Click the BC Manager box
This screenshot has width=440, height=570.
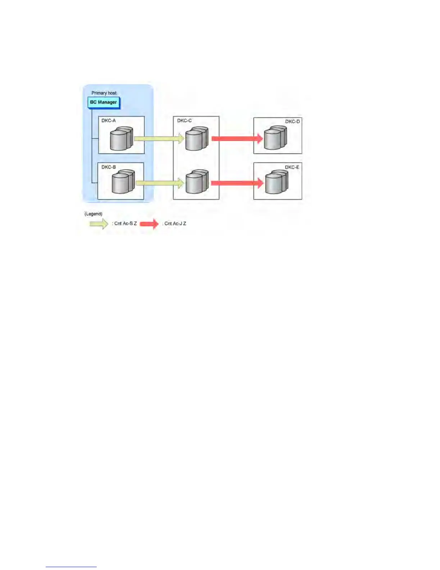(x=103, y=103)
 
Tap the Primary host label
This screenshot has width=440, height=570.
(x=104, y=93)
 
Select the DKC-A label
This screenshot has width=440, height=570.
(x=109, y=121)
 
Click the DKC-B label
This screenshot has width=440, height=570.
(x=109, y=167)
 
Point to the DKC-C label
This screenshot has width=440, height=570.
(x=184, y=121)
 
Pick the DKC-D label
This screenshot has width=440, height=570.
(x=292, y=122)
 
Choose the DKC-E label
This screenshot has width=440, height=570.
(x=292, y=167)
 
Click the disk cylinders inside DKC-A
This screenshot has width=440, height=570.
(x=121, y=139)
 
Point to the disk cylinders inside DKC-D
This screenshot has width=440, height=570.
(x=275, y=138)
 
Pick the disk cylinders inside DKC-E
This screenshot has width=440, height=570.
(x=276, y=182)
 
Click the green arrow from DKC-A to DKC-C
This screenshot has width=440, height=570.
(x=159, y=139)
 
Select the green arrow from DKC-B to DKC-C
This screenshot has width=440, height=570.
(x=159, y=183)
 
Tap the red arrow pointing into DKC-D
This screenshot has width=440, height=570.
(x=237, y=139)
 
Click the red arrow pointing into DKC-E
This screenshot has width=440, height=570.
(x=237, y=183)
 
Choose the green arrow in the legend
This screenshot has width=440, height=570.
(x=99, y=224)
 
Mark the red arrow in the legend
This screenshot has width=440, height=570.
(x=149, y=224)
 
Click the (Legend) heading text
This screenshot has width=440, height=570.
(x=93, y=214)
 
